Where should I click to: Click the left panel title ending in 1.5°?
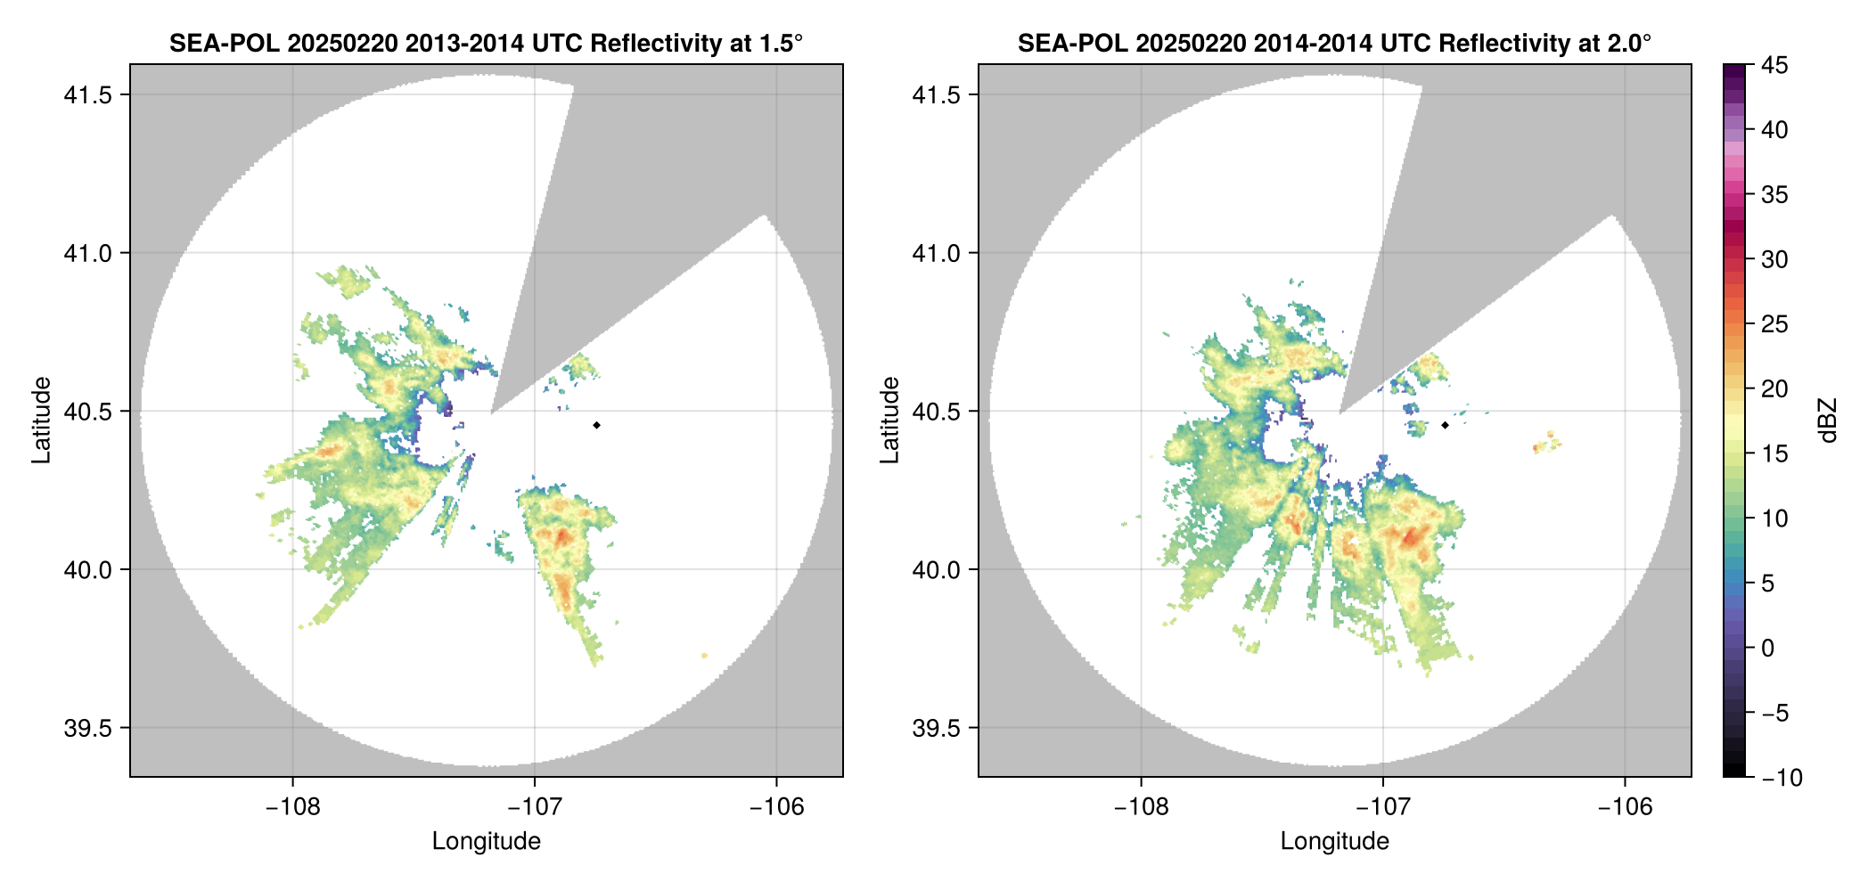click(x=486, y=43)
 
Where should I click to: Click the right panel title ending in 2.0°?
click(x=1334, y=43)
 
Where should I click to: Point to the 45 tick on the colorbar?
click(x=1774, y=65)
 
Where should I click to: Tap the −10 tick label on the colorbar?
click(x=1782, y=778)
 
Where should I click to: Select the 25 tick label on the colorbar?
click(x=1774, y=324)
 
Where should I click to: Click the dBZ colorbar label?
click(x=1828, y=421)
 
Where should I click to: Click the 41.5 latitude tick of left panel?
click(x=88, y=95)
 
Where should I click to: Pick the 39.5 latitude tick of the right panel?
click(x=937, y=728)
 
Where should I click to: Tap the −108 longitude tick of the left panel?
click(x=292, y=807)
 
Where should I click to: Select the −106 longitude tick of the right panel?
click(x=1625, y=807)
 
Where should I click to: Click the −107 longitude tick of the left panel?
click(x=534, y=807)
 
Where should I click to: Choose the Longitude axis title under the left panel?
click(x=486, y=841)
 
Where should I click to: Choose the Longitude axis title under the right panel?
click(x=1334, y=841)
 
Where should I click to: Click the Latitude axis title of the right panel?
click(x=889, y=421)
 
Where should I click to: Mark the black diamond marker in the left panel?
click(x=596, y=425)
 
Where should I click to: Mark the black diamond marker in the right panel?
click(x=1445, y=425)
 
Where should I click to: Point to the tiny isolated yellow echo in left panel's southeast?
click(x=704, y=656)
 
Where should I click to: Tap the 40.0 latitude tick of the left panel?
click(x=88, y=569)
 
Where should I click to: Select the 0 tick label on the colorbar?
click(x=1767, y=649)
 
